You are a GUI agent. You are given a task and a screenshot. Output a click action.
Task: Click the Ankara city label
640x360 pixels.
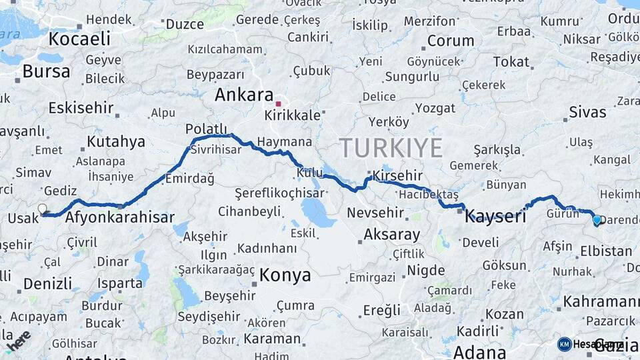click(244, 95)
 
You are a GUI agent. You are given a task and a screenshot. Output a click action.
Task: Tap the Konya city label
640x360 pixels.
click(285, 275)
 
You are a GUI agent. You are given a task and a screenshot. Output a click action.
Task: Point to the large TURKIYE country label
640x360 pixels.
click(391, 147)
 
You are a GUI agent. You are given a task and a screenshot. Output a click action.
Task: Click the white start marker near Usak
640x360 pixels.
click(43, 209)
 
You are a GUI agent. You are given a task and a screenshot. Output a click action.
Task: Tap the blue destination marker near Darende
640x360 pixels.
click(597, 219)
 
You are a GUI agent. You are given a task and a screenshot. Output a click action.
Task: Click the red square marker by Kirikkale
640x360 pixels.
click(279, 103)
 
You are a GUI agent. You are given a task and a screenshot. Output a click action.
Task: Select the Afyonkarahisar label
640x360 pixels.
click(120, 217)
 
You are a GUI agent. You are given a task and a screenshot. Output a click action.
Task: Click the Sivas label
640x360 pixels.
click(587, 112)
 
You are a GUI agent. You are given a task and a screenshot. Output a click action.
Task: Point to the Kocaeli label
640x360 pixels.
click(79, 39)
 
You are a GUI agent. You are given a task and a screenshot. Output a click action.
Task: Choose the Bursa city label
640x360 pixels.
click(46, 71)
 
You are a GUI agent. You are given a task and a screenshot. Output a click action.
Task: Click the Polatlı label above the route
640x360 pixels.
click(206, 129)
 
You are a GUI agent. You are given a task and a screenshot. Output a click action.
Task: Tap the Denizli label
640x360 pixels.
click(47, 283)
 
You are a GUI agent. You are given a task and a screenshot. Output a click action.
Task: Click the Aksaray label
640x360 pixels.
click(392, 235)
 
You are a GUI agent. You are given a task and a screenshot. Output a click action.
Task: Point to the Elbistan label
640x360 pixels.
click(606, 251)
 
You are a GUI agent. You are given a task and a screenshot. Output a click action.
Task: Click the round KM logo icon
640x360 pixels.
click(565, 344)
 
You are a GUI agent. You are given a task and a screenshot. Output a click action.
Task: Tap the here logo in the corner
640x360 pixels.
click(18, 340)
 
